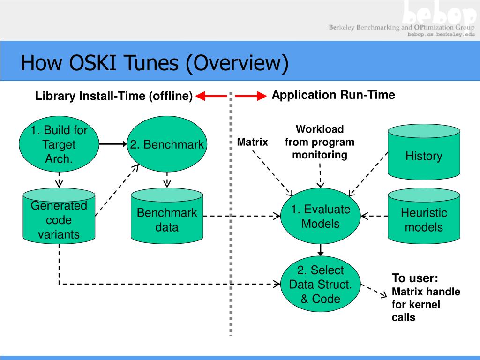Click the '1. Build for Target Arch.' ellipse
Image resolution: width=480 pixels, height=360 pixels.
point(59,144)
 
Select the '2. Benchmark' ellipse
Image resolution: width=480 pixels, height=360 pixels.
point(167,144)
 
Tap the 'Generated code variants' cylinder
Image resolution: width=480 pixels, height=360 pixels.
point(59,216)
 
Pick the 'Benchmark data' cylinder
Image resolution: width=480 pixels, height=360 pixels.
point(167,216)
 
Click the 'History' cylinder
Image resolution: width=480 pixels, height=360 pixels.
point(424,152)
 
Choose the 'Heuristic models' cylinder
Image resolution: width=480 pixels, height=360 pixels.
point(424,216)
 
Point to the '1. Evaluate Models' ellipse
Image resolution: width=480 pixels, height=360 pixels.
point(321,216)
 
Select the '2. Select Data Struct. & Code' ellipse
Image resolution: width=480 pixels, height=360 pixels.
point(321,284)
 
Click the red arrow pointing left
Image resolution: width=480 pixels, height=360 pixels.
point(211,96)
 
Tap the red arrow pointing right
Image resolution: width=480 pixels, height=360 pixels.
point(251,96)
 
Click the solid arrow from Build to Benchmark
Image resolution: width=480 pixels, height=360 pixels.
point(113,144)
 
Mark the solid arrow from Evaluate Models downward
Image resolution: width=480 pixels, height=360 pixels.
point(321,250)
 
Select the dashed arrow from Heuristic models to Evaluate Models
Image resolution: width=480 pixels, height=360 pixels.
point(375,216)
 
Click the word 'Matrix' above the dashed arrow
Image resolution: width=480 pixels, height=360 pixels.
point(253,142)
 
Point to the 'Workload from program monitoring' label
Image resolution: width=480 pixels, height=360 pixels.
point(320,142)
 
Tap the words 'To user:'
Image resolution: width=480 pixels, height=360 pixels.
point(415,278)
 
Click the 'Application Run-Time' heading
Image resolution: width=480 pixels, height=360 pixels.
point(333,95)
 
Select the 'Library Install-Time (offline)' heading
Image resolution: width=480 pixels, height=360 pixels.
point(114,96)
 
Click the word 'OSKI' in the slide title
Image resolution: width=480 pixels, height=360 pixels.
point(93,63)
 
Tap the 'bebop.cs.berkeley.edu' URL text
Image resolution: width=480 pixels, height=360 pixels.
point(441,34)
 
